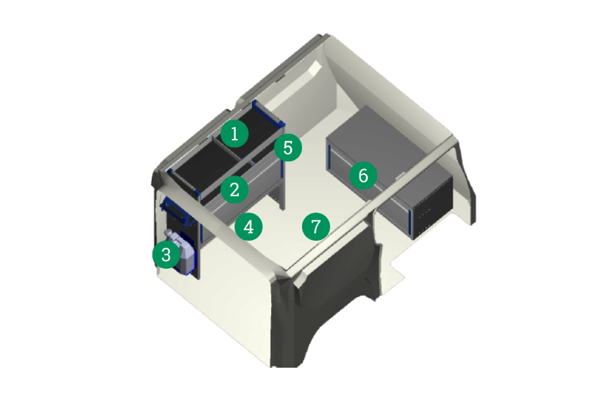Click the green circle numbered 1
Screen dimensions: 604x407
tap(235, 133)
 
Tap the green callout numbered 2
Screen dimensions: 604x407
tap(235, 189)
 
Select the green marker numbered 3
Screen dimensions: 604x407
tap(166, 255)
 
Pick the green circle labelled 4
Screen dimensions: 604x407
tap(249, 227)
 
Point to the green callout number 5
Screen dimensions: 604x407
tap(288, 147)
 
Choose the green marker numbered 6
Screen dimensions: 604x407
tap(363, 175)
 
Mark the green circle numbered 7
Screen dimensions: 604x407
tap(316, 227)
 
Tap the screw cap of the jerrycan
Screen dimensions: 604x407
tap(168, 233)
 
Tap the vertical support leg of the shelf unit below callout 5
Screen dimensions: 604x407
tap(282, 185)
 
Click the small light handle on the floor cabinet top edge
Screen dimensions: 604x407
tap(400, 176)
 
